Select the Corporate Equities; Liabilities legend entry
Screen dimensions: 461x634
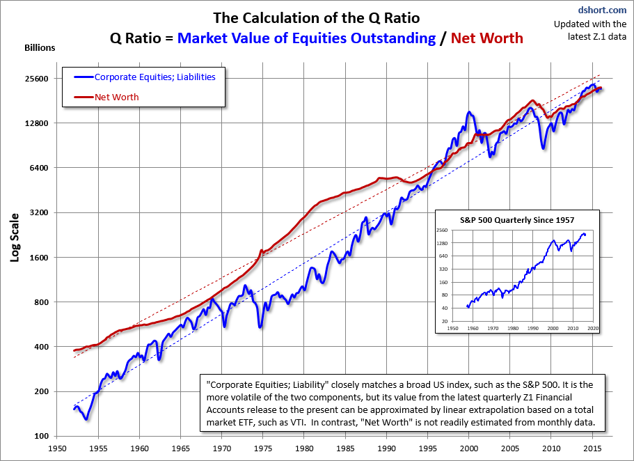(154, 77)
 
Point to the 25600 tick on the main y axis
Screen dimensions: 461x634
(40, 79)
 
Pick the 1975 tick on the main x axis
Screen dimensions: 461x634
(263, 449)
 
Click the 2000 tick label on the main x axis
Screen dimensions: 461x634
(469, 449)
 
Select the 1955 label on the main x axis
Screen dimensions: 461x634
(99, 449)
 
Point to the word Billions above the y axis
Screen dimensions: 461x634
(40, 48)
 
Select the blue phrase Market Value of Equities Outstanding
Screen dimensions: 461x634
(306, 38)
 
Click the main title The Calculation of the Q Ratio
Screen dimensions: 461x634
(317, 17)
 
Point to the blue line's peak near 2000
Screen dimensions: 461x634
(469, 111)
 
